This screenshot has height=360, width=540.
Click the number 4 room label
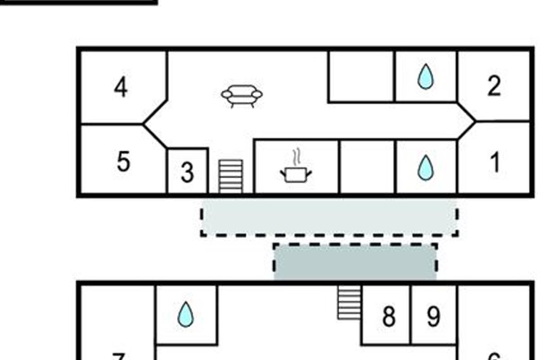[120, 88]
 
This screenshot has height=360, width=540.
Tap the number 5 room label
[123, 162]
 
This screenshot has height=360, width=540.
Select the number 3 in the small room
[187, 173]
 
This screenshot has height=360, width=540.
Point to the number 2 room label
[494, 86]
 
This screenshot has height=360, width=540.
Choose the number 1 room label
[495, 162]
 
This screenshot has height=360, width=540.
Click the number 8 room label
[389, 317]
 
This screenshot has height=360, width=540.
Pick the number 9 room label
[433, 317]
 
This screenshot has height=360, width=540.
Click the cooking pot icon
[296, 174]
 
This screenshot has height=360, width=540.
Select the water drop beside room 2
[425, 76]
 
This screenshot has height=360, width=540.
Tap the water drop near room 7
[185, 314]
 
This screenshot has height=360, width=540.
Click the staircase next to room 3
[230, 176]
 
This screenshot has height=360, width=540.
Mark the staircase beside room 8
[349, 303]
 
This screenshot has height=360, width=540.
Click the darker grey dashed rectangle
[355, 262]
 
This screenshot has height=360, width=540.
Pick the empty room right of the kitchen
[367, 166]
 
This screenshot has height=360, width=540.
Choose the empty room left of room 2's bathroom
[361, 76]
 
